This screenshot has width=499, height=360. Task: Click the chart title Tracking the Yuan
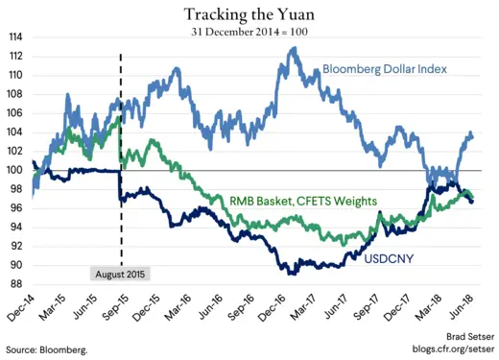tap(249, 13)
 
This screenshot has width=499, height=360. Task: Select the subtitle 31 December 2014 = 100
tap(249, 32)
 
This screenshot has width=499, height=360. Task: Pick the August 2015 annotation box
tap(121, 273)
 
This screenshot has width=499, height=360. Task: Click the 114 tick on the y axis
tap(16, 37)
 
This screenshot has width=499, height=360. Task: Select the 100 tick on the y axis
tap(16, 170)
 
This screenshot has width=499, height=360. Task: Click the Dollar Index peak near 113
tap(292, 48)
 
